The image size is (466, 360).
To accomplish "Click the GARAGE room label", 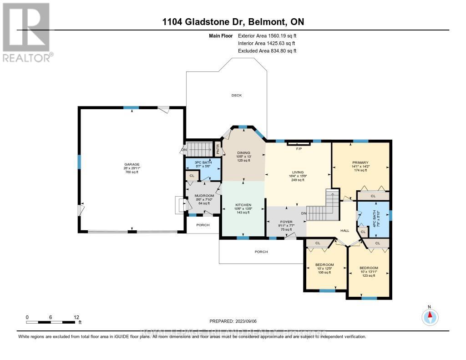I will click(x=132, y=164).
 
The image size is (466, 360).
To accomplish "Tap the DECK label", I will click(x=237, y=95).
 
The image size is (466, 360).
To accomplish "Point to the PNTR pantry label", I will click(x=218, y=149).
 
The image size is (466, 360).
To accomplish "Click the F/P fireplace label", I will click(x=299, y=149).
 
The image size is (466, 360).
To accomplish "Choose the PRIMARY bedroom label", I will click(x=360, y=162).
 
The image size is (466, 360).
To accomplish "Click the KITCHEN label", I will click(x=243, y=205).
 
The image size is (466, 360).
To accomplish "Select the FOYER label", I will click(x=285, y=222).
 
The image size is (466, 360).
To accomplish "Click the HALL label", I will click(x=345, y=231).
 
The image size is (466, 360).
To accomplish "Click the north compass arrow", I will click(x=429, y=315).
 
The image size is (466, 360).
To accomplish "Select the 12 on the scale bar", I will click(x=76, y=317).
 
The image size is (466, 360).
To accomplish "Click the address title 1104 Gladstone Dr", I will click(x=233, y=22).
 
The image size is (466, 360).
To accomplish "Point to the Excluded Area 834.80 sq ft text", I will click(x=267, y=51).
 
